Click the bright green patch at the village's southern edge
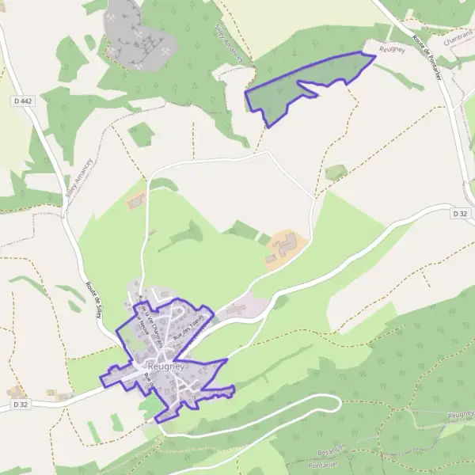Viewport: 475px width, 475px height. pyautogui.click(x=150, y=405)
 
